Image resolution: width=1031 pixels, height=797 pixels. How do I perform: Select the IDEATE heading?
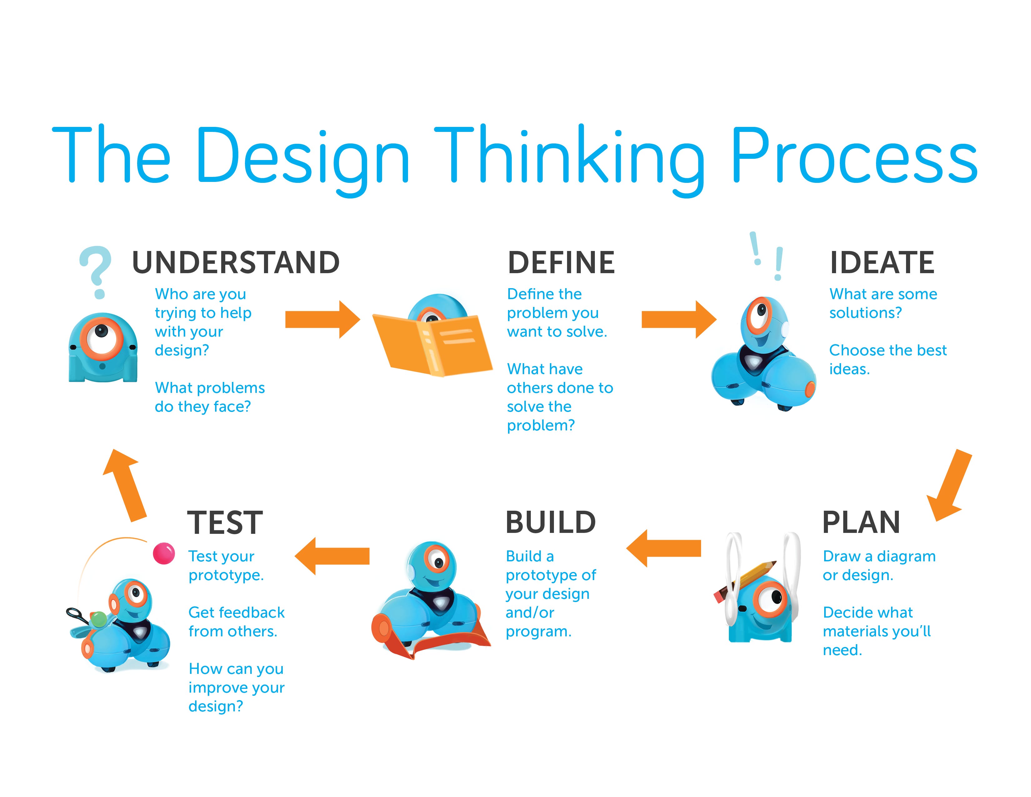coord(882,263)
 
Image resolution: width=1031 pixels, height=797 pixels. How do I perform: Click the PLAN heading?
coord(861,522)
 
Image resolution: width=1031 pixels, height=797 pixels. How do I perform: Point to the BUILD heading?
coord(550,522)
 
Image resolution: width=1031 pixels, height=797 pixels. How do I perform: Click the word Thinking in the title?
coord(569,156)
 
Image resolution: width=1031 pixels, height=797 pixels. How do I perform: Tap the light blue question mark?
coord(96,272)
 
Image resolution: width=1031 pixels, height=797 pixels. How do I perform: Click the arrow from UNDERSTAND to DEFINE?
coord(322,320)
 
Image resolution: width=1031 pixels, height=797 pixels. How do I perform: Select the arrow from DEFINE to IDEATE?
coord(678,320)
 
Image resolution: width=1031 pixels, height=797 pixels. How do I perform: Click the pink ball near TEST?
coord(164,553)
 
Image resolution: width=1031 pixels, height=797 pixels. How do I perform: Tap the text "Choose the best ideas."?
coord(888,359)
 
